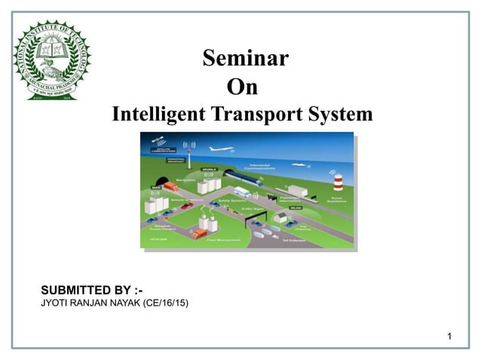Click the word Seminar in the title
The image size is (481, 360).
pos(245,58)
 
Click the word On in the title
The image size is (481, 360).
pos(242,87)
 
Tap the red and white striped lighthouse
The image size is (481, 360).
pos(338,182)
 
